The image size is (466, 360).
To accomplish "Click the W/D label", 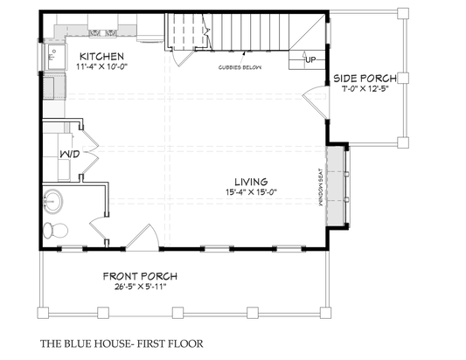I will (x=69, y=155).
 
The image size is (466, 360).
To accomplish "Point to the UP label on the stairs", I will (x=310, y=59).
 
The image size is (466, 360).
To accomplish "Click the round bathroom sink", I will (x=52, y=201).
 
